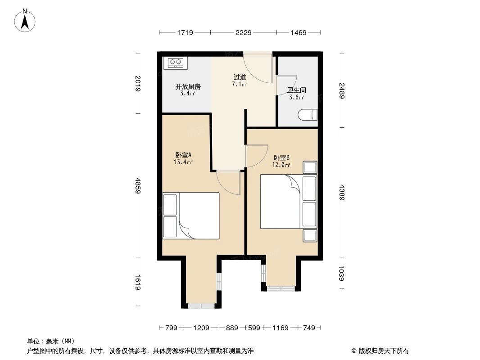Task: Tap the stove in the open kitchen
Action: coord(175,63)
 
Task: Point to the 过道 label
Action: coord(239,77)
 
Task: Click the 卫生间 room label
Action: coord(297,90)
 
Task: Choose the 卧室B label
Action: coord(281,158)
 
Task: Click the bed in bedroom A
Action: coord(191,215)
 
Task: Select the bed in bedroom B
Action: coord(288,202)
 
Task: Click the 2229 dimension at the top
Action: coord(243,32)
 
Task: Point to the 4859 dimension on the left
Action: coord(137,185)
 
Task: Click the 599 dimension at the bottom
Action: coord(254,328)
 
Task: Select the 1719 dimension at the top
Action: coord(185,32)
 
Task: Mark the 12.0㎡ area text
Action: coord(281,165)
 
